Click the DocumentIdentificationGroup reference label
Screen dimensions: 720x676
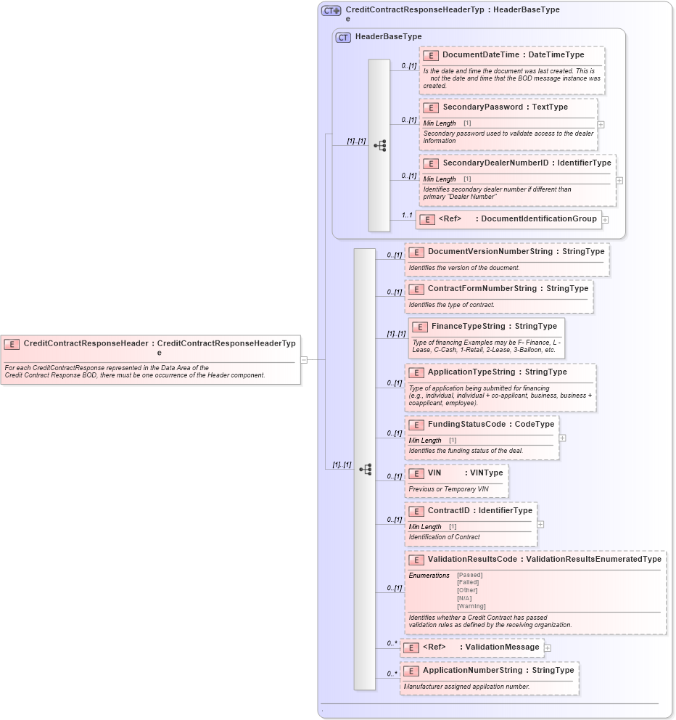538,219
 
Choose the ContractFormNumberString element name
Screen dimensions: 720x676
482,289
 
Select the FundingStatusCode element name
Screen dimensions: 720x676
464,425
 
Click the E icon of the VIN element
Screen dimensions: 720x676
416,473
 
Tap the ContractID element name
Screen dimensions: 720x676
448,511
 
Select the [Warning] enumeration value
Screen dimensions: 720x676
471,606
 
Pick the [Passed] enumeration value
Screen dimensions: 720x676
470,575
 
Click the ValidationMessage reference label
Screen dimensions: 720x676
502,647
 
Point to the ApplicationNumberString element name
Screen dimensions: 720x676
472,671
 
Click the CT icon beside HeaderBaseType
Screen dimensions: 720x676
343,37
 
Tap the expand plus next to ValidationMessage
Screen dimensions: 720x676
548,648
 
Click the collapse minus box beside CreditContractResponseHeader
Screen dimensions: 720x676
304,359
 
